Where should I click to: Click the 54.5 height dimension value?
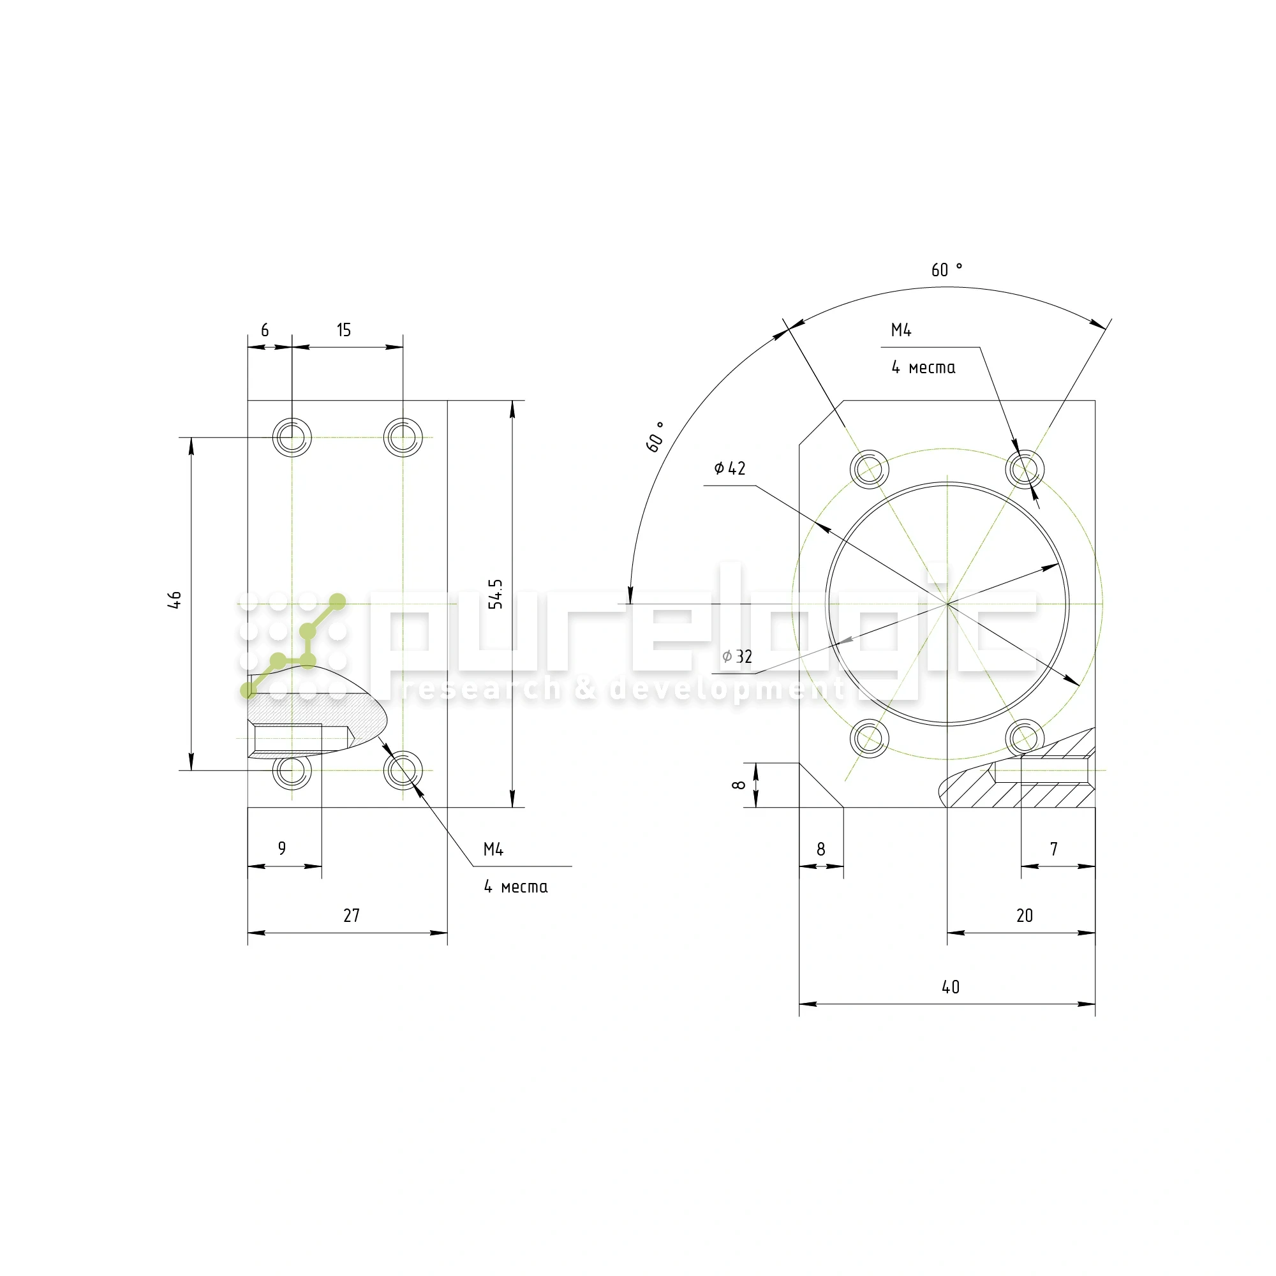[496, 594]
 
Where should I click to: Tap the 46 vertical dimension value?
[174, 600]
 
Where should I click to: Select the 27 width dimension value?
[352, 916]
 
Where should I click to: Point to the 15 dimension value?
[343, 330]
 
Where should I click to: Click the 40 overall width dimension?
[951, 987]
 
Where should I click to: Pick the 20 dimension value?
[1025, 916]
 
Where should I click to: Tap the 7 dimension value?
[1054, 849]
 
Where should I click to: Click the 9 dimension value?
[282, 848]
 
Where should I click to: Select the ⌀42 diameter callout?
[730, 468]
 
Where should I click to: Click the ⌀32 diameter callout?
[737, 657]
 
